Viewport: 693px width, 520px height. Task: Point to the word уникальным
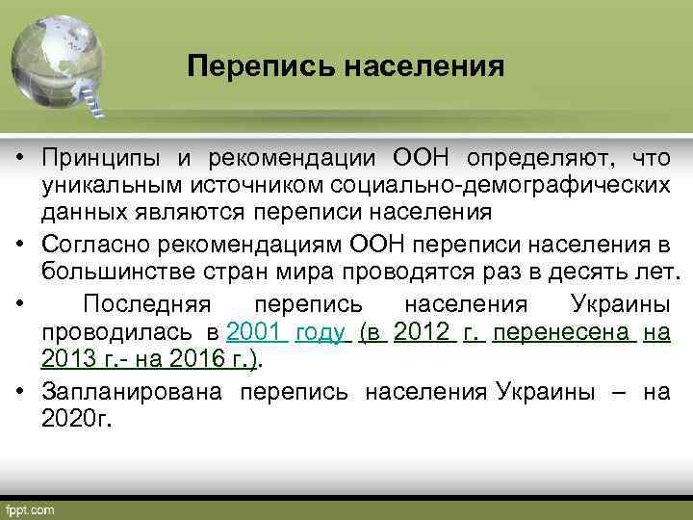[x=107, y=183]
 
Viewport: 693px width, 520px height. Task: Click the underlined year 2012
[x=423, y=332]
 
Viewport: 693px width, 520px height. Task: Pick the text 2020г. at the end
[x=77, y=418]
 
